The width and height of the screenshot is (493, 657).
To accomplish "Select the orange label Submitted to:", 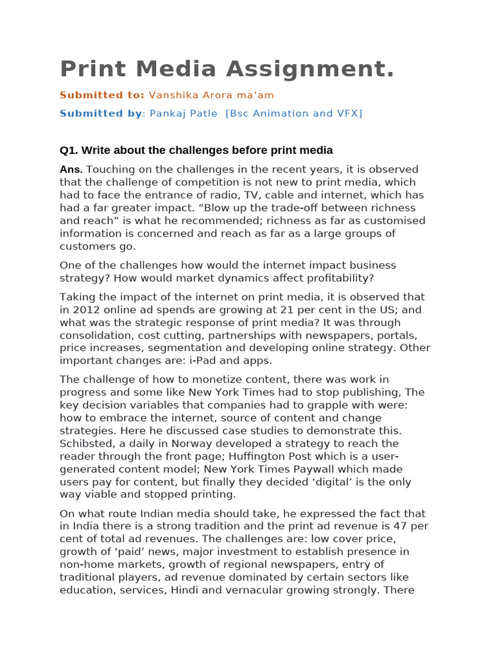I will (102, 95).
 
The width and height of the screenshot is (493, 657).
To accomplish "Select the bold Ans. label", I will (71, 169).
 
